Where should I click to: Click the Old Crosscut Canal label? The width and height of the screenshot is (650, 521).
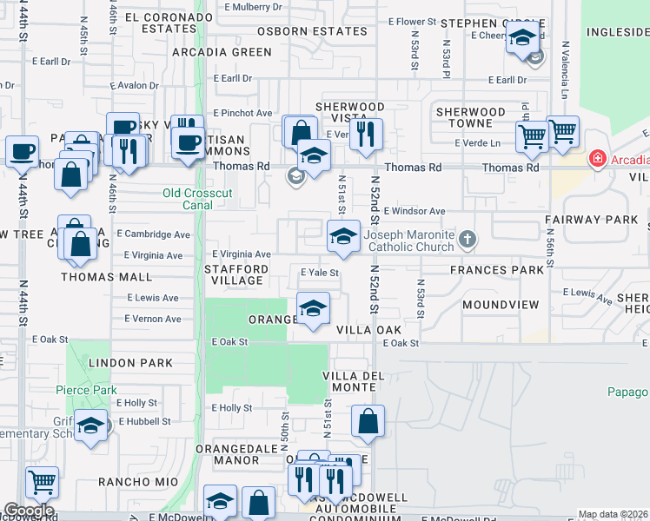coord(194,199)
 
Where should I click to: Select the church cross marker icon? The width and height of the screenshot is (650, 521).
coord(468,237)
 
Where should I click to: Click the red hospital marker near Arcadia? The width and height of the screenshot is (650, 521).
coord(597,159)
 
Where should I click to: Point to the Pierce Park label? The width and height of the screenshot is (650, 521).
coord(87,391)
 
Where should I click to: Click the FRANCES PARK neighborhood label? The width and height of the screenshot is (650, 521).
coord(497,270)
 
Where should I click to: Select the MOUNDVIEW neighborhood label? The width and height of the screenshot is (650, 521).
coord(501,305)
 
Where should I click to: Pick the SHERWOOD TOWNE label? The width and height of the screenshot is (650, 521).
coord(470,117)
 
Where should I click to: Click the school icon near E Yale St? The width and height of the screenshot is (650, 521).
coord(314,307)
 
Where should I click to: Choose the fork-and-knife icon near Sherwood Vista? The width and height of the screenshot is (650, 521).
coord(368,133)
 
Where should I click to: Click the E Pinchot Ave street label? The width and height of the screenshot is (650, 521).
coord(242,113)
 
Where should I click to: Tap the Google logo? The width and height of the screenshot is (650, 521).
coord(29,511)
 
